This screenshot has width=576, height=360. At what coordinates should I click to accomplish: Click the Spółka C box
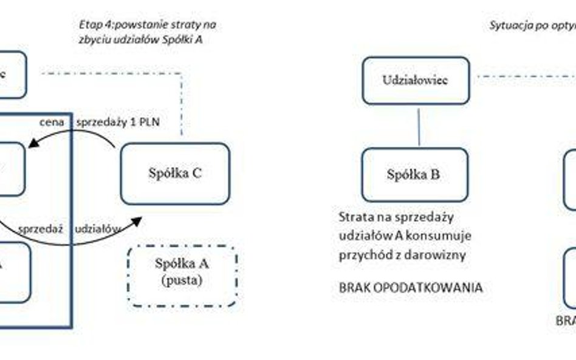(x=175, y=174)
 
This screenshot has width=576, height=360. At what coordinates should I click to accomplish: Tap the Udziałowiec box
(x=416, y=80)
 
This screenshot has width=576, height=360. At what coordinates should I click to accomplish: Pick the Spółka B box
(x=414, y=175)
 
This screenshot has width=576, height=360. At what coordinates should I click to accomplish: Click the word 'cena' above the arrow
(x=52, y=122)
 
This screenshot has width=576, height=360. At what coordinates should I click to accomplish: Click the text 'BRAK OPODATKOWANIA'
(x=411, y=288)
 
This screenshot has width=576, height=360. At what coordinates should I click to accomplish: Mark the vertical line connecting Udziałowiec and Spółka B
(x=419, y=126)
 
